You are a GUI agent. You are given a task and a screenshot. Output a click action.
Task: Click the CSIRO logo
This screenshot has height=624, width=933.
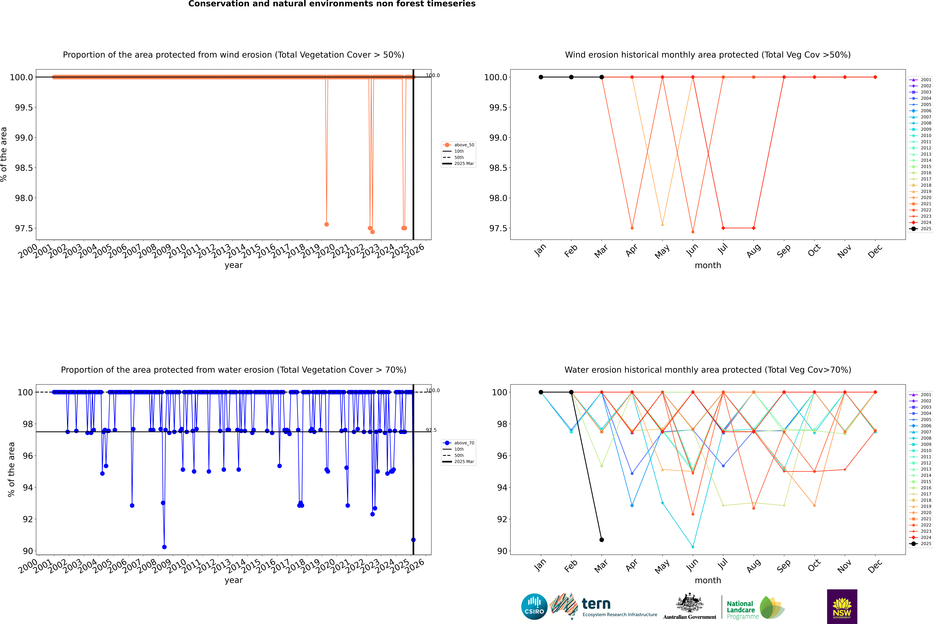tap(534, 607)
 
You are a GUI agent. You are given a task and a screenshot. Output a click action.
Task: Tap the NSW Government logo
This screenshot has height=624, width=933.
tap(842, 607)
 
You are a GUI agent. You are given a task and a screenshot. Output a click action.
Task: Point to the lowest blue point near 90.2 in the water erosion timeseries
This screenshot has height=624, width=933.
tap(164, 547)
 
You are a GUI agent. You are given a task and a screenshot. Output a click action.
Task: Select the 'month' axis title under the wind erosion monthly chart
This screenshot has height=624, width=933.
tap(707, 265)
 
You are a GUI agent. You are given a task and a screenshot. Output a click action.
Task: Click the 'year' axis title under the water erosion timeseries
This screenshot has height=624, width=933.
tap(233, 580)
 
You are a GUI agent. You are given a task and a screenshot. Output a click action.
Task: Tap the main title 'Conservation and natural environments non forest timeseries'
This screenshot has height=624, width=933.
tap(332, 4)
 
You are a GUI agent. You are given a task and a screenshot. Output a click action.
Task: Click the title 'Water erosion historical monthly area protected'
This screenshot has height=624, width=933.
tap(707, 370)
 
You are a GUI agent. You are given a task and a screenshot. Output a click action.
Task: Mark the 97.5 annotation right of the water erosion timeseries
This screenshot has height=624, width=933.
tap(431, 430)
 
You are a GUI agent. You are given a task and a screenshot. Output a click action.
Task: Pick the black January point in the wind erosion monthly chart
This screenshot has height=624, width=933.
tap(541, 77)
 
